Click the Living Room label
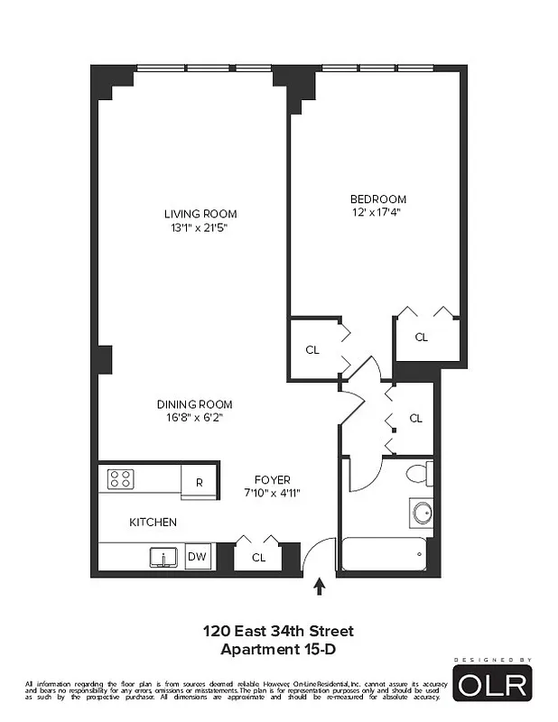200,214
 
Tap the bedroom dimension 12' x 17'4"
377,213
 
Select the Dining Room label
194,404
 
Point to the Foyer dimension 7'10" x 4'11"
271,493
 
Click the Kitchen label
153,522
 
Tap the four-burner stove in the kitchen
121,478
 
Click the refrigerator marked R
199,482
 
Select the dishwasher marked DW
197,557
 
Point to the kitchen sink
164,557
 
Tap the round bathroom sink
421,514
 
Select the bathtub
384,552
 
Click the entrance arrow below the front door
318,588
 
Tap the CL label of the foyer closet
258,558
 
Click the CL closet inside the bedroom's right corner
421,337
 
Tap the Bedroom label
377,199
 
